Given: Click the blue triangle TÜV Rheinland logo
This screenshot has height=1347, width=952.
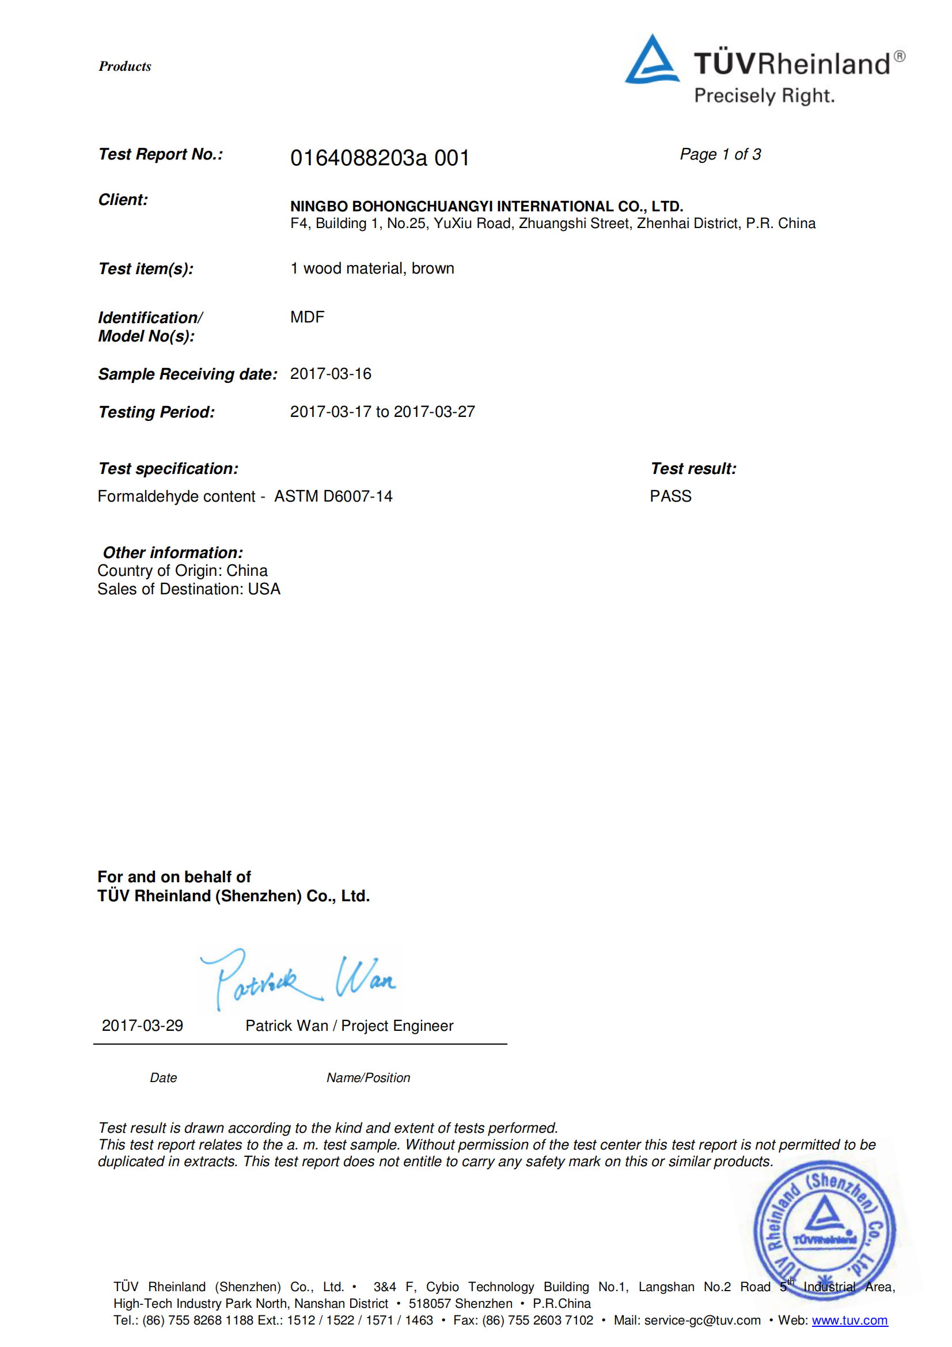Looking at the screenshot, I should point(652,60).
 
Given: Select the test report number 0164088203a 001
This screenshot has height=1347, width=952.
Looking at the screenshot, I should point(380,158).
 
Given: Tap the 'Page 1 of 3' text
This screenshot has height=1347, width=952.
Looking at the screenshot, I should point(720,154).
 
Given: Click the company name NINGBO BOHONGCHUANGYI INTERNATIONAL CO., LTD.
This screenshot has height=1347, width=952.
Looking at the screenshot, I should point(486,206).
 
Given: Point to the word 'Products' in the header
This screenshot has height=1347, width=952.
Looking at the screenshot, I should point(125,66).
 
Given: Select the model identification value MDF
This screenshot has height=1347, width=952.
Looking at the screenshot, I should point(307,317).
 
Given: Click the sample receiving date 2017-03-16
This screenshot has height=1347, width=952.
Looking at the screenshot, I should point(330,374).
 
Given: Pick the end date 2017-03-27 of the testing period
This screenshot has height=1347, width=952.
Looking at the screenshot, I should point(434,412).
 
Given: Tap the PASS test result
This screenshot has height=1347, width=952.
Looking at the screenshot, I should point(670,496).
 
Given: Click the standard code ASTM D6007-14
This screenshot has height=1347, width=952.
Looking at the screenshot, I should point(333,496).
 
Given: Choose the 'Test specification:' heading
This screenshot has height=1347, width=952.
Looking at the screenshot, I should point(168,469).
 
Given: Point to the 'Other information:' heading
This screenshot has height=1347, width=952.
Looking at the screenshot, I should point(172,553).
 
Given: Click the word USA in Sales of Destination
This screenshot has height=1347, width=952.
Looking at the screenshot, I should point(264,589).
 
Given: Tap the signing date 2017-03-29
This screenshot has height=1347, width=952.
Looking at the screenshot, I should point(142,1026).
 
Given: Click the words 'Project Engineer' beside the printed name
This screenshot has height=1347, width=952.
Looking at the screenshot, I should point(397,1026).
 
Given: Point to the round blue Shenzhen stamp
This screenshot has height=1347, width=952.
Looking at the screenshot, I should point(824,1229).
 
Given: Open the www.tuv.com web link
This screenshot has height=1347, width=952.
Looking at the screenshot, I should point(849,1320).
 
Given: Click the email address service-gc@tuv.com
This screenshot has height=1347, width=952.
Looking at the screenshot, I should point(702,1320).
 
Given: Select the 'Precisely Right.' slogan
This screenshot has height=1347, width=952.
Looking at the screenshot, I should point(764,96).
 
